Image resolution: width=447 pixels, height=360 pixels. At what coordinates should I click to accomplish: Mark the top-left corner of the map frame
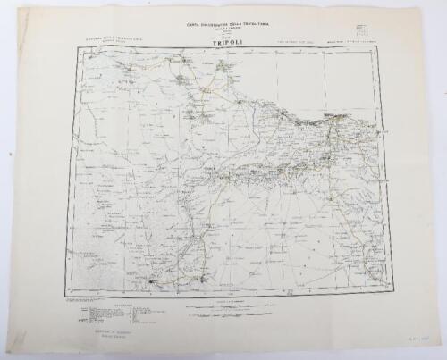pyautogui.click(x=75, y=46)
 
